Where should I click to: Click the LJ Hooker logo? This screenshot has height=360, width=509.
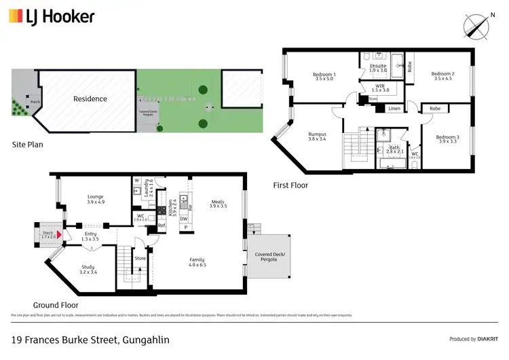[52, 16]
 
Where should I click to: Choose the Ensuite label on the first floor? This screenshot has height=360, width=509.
[377, 67]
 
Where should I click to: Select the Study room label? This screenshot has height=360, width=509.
[88, 269]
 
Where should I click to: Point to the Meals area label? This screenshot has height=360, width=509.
[218, 202]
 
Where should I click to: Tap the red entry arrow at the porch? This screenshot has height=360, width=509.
[59, 234]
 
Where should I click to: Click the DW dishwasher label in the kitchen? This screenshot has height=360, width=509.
[183, 219]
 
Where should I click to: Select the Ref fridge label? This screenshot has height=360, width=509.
[162, 225]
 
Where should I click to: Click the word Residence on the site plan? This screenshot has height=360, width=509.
[90, 99]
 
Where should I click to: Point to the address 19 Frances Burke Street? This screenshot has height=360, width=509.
[90, 340]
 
